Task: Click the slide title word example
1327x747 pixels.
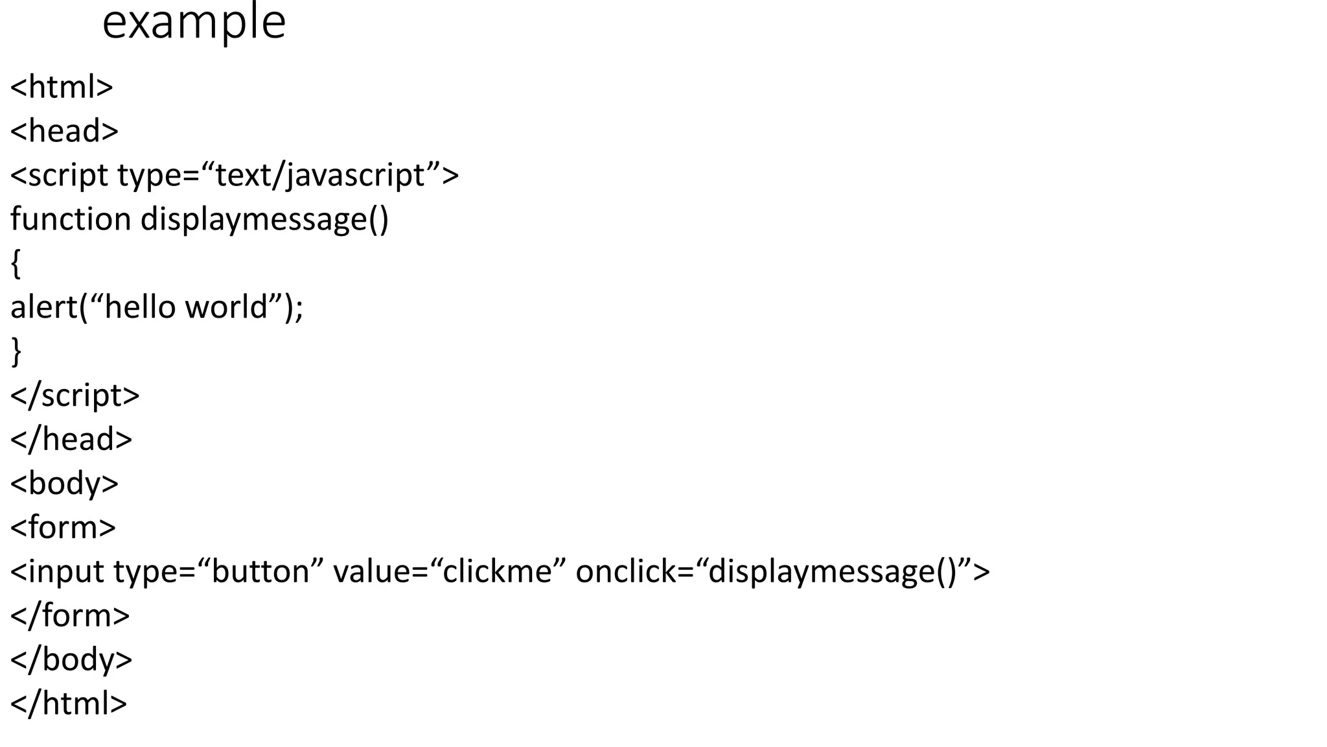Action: [194, 23]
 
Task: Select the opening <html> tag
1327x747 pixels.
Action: [62, 87]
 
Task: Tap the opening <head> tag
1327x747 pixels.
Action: [64, 131]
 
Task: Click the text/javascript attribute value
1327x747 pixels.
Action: [319, 175]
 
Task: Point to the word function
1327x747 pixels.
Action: [71, 219]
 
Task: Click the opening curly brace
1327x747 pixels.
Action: [16, 264]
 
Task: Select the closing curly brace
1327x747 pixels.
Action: [16, 352]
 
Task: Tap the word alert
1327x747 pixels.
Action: [43, 307]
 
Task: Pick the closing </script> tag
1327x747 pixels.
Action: [75, 396]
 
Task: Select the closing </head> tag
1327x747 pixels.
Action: [71, 440]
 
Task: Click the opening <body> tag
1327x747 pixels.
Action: [64, 484]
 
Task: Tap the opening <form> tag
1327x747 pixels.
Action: [63, 528]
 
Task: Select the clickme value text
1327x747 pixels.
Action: [496, 572]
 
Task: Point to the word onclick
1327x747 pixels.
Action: [625, 572]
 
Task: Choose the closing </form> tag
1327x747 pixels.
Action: [70, 616]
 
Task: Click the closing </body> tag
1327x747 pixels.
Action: [71, 660]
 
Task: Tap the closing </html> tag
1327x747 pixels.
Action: [69, 704]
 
